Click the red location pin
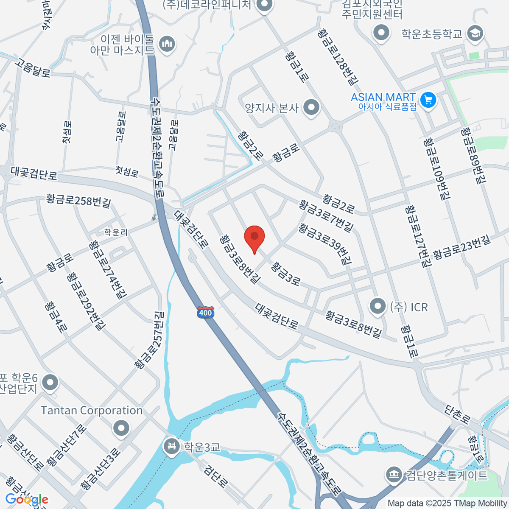click(x=255, y=238)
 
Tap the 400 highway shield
click(x=205, y=313)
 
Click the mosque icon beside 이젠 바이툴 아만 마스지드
click(x=168, y=44)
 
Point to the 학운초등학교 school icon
click(x=475, y=34)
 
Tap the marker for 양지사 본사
click(x=312, y=108)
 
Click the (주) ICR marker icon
click(x=377, y=306)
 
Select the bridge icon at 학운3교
click(x=172, y=447)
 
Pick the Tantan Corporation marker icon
click(x=121, y=428)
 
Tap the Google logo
click(x=27, y=499)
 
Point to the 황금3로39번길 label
click(x=325, y=245)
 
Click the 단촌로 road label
click(x=457, y=414)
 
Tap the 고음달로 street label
click(x=33, y=67)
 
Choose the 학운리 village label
click(x=116, y=232)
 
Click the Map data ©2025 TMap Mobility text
click(x=447, y=503)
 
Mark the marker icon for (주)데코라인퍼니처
click(x=266, y=6)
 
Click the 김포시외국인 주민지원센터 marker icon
click(x=381, y=33)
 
